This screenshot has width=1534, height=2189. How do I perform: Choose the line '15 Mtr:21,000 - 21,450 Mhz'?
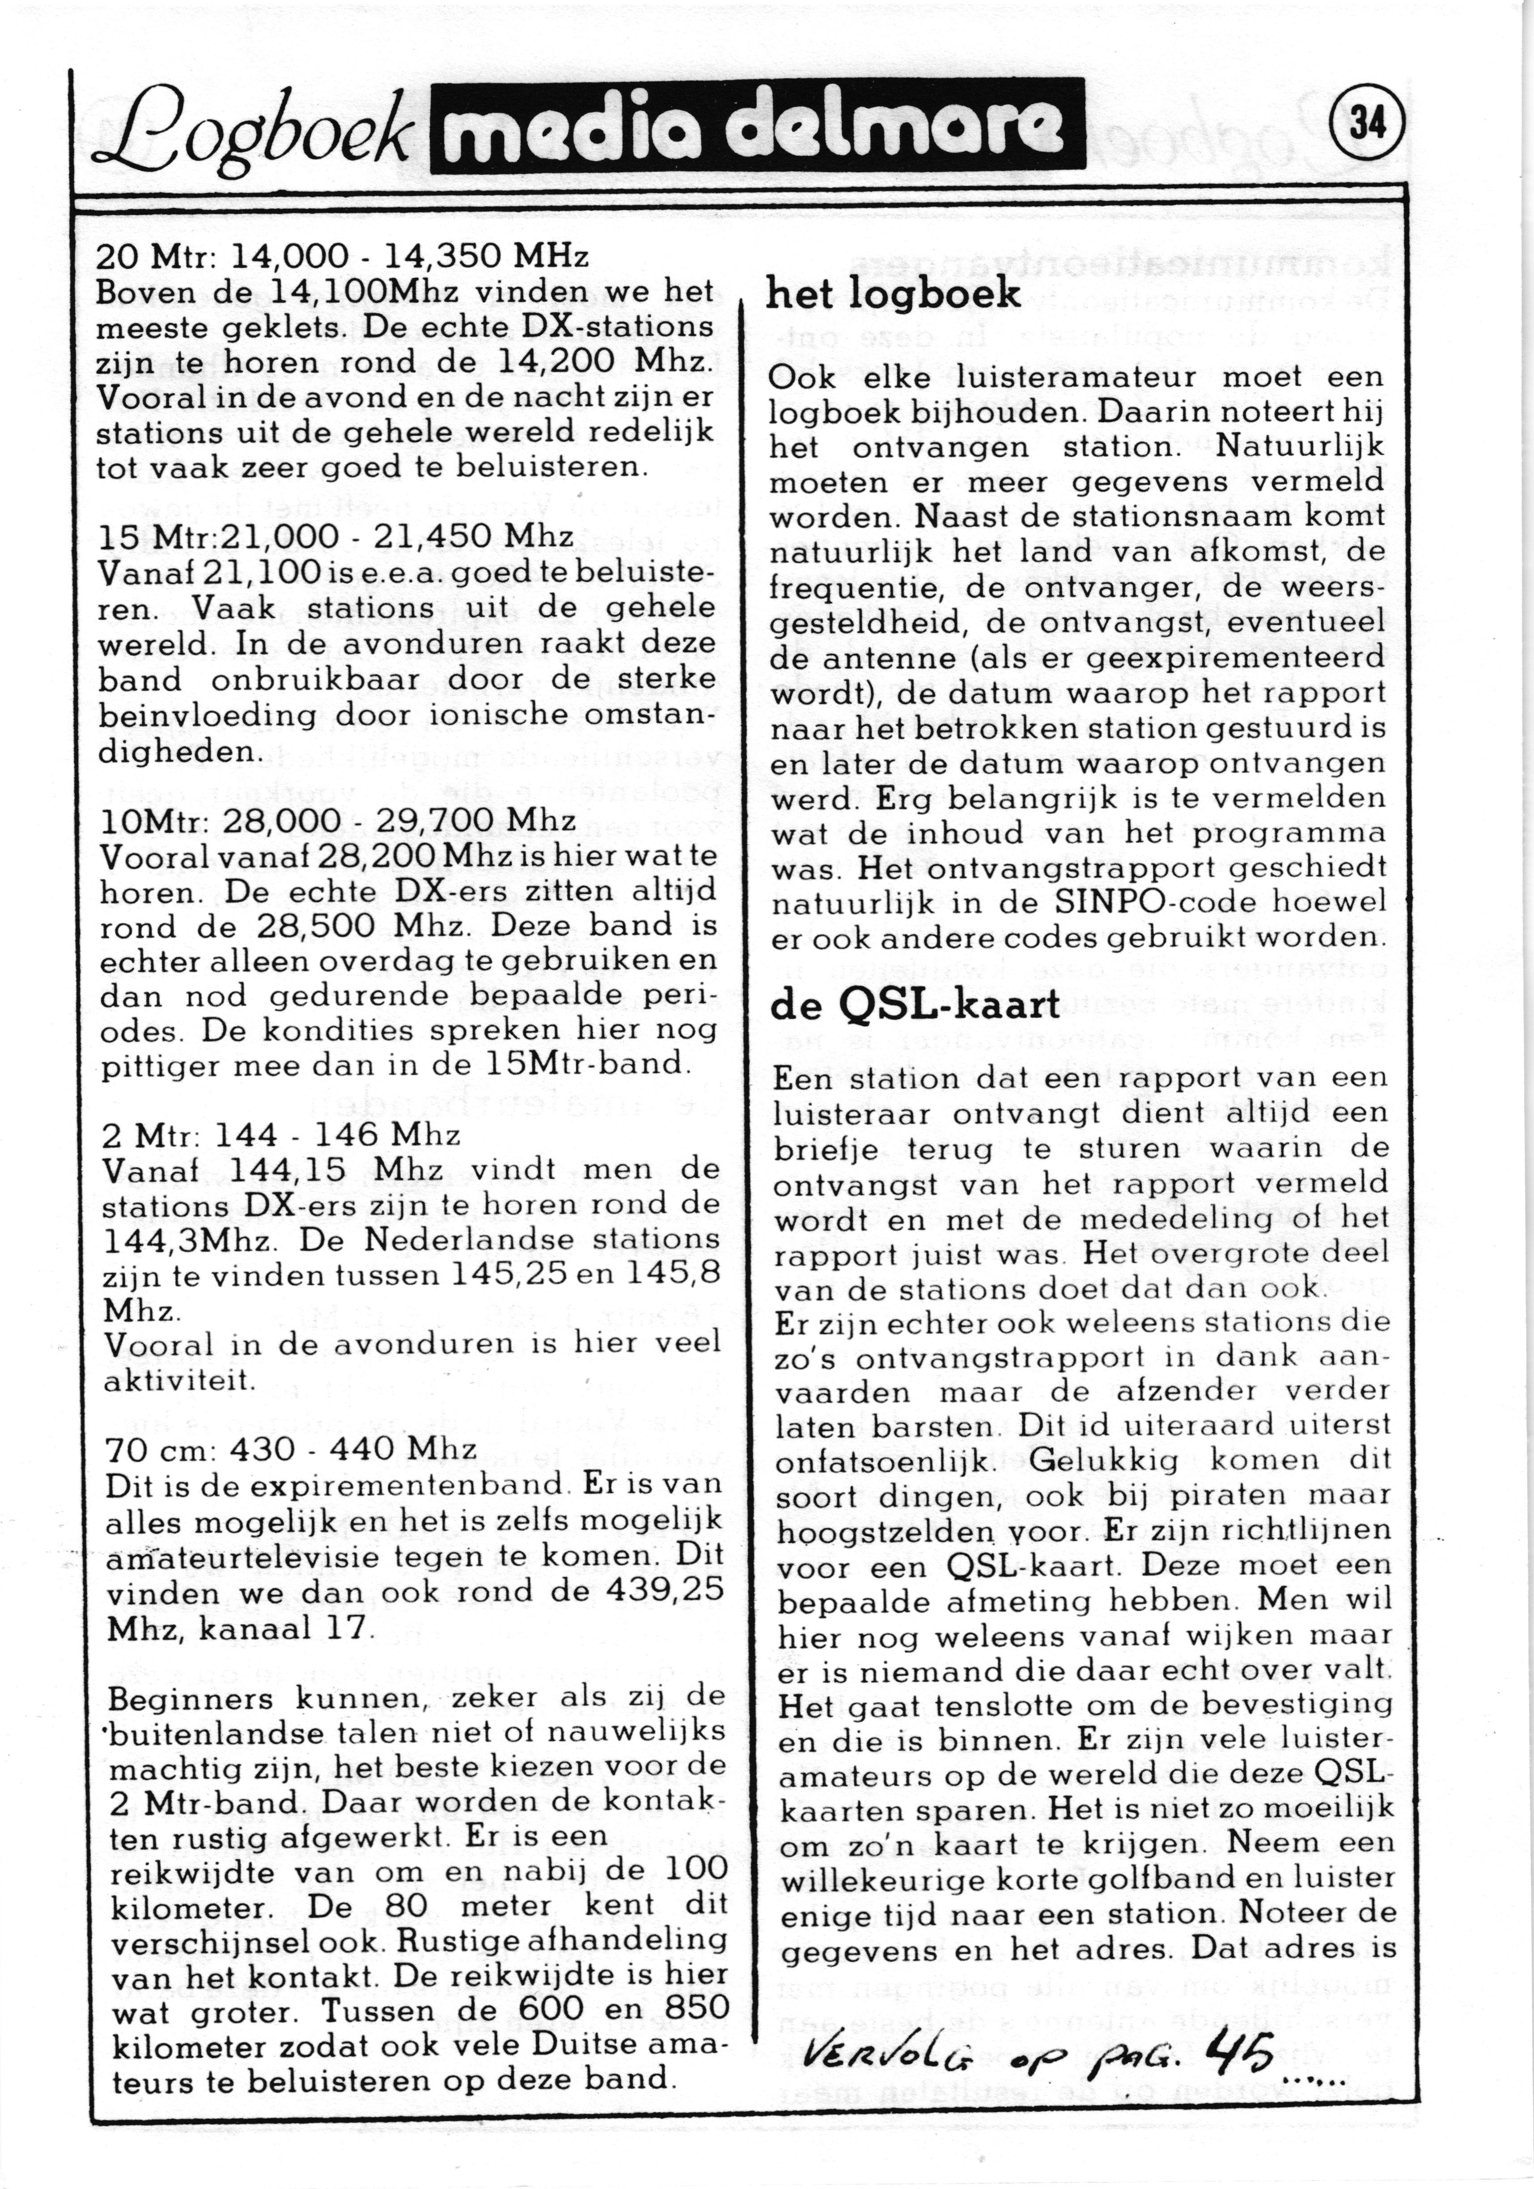[335, 537]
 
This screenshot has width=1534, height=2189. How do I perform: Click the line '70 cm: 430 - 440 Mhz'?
[291, 1449]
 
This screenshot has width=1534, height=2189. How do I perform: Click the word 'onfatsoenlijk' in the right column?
[884, 1461]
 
